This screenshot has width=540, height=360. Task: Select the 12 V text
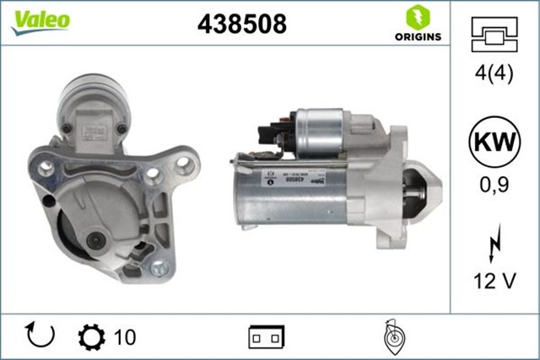[494, 282]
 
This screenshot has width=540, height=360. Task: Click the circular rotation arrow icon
[40, 336]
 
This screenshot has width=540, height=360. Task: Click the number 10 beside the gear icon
[124, 337]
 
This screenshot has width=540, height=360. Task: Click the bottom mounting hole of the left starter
[160, 270]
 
